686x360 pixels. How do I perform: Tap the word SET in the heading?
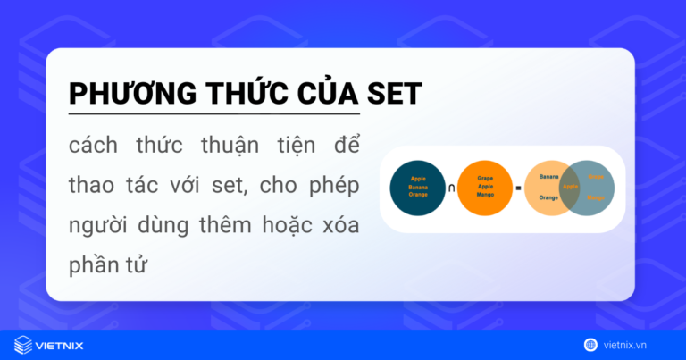(389, 94)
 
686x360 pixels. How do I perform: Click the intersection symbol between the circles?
(451, 188)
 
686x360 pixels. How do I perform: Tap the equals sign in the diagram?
(518, 188)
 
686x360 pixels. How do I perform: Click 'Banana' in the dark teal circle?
(418, 187)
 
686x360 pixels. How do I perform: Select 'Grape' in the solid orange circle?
(487, 179)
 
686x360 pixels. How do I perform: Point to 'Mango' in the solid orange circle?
(487, 195)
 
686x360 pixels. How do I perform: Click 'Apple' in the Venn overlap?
(570, 187)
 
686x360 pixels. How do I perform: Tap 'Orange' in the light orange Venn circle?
(548, 197)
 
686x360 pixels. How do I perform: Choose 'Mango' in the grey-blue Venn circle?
(596, 197)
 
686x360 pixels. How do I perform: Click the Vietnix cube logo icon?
(23, 344)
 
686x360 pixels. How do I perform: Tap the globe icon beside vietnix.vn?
(590, 344)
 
